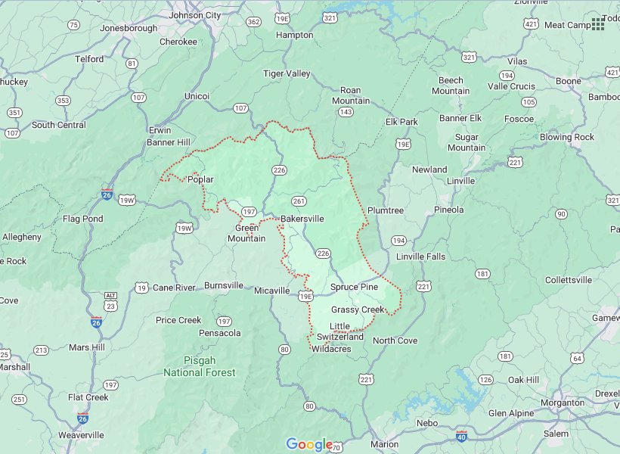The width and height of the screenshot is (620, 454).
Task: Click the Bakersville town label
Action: pos(302,219)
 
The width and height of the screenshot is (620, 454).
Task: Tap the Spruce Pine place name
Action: pos(354,288)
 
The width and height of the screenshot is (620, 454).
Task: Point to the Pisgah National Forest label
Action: pos(200,367)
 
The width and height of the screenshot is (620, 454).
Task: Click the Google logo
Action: pos(309,444)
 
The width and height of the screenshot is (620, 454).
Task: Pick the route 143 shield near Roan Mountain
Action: pos(346,112)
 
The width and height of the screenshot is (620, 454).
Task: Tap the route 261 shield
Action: pos(299,201)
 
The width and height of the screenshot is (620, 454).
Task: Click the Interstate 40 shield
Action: pos(462,435)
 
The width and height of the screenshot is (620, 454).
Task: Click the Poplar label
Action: pos(200,179)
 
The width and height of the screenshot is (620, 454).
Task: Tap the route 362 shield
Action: pos(254,22)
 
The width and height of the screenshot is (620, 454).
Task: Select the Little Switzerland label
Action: pos(340,331)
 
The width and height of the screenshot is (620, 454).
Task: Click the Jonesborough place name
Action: pos(129,28)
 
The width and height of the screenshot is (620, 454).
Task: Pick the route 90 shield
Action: pos(561,214)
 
